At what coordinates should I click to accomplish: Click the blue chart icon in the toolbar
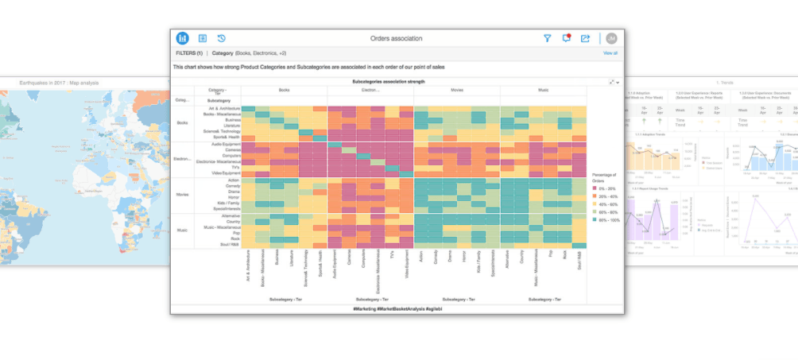[x=183, y=38]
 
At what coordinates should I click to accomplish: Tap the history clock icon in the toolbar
[x=222, y=38]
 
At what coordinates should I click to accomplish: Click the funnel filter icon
[x=548, y=38]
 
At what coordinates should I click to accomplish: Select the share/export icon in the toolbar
[x=586, y=38]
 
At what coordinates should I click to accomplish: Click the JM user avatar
[x=610, y=38]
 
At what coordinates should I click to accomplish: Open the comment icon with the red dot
[x=567, y=38]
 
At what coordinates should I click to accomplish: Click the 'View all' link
[x=610, y=53]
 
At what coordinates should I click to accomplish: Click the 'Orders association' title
[x=396, y=38]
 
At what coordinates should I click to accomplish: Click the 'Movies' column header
[x=456, y=91]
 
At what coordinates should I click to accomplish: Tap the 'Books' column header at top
[x=284, y=91]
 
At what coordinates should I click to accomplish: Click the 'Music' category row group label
[x=182, y=230]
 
